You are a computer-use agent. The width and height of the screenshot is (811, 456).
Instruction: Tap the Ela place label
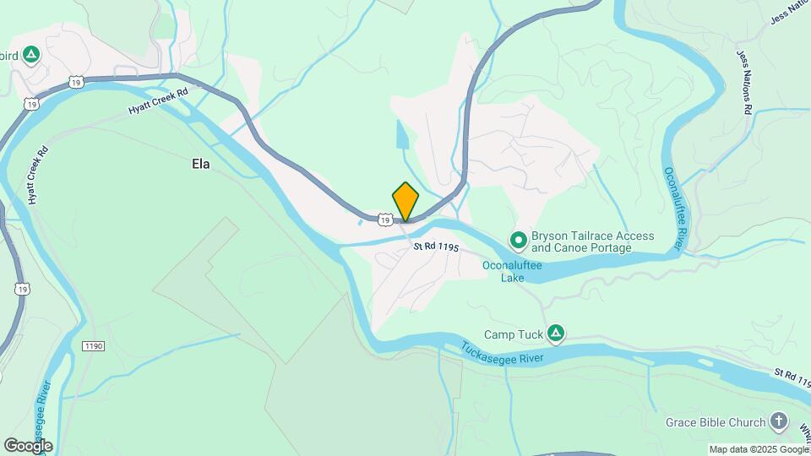[200, 164]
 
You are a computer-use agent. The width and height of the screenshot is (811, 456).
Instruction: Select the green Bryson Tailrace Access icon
[518, 242]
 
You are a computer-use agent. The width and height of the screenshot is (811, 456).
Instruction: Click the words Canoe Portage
[594, 248]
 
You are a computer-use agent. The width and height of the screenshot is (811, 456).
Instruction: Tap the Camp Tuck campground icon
[556, 334]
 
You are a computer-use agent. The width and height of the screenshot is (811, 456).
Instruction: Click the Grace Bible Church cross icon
[779, 421]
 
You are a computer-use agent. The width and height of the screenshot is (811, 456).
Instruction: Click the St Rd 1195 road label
[436, 247]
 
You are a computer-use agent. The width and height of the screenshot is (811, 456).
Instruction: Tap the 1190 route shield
[93, 346]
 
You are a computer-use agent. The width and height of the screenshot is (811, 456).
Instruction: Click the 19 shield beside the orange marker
[384, 220]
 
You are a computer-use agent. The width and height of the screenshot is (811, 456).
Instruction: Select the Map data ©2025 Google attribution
[758, 450]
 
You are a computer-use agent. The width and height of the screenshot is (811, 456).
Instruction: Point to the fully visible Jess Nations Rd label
[743, 82]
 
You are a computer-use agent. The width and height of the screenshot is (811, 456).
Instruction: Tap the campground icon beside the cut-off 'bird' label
[31, 56]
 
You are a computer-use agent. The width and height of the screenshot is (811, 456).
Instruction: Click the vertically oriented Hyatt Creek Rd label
[36, 176]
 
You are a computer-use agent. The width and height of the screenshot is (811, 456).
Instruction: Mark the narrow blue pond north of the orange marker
[400, 135]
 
